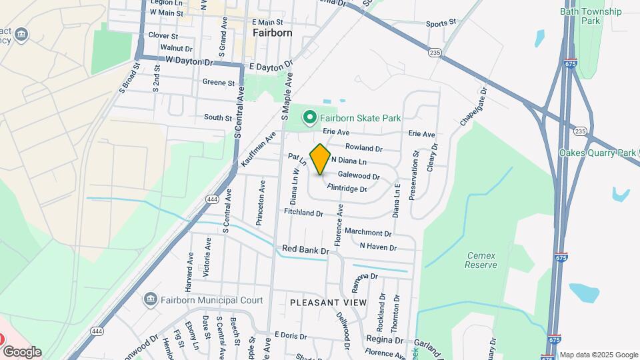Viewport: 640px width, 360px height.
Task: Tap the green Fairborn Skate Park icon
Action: (x=309, y=118)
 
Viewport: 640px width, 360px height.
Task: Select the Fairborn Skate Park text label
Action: (x=360, y=119)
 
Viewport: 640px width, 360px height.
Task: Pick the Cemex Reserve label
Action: (x=481, y=260)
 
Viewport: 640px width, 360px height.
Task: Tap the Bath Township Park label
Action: (x=591, y=16)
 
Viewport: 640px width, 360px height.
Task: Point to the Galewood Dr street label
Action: (x=359, y=177)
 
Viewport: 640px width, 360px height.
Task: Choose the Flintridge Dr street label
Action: (x=347, y=189)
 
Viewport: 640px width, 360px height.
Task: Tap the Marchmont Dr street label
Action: (x=368, y=233)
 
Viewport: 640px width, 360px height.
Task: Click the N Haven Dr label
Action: (x=377, y=246)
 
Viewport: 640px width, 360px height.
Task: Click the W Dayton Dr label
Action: (x=188, y=61)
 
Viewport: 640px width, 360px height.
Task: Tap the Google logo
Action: (x=22, y=352)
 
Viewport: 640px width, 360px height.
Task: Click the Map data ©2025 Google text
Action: (x=599, y=355)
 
